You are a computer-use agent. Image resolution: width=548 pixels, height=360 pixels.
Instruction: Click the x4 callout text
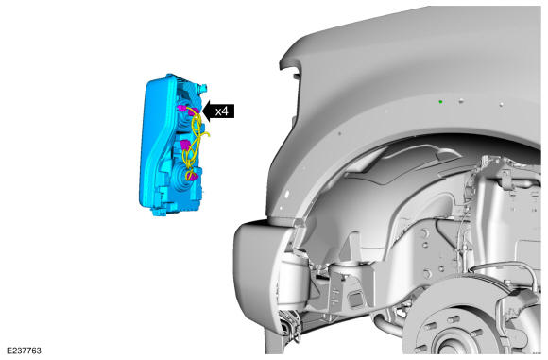point(222,111)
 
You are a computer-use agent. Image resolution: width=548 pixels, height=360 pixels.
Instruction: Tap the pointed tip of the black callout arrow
point(202,111)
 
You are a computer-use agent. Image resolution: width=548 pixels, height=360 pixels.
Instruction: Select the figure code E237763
point(24,351)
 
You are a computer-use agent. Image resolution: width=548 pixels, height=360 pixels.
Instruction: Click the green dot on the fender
point(440,102)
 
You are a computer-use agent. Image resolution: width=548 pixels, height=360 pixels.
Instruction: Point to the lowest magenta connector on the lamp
point(192,175)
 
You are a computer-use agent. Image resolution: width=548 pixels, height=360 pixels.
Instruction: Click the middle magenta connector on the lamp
point(184,144)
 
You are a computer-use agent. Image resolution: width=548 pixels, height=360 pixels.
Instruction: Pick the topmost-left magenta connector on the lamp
point(181,108)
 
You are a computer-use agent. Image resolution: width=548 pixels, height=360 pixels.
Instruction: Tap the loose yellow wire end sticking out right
point(208,134)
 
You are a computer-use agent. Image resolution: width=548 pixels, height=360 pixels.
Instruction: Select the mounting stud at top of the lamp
point(204,87)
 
